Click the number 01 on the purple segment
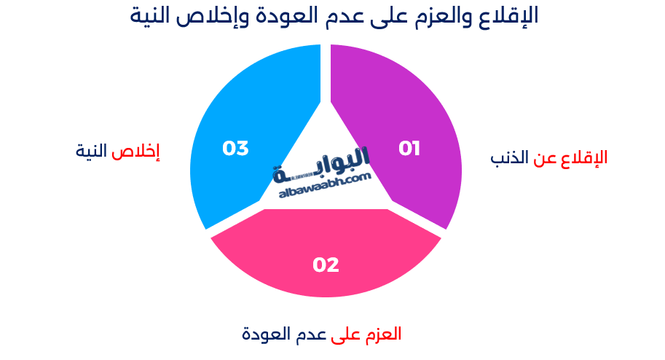coord(409,149)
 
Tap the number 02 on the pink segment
coord(326,265)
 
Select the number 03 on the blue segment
coord(235,149)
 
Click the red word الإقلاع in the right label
coord(584,158)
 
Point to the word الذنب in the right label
coord(509,158)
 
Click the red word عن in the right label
coord(545,159)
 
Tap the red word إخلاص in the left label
coord(135,152)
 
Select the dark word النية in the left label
coord(91,151)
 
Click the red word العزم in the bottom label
coord(383,334)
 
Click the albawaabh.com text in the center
coord(325,186)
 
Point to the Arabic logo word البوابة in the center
coord(321,165)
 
